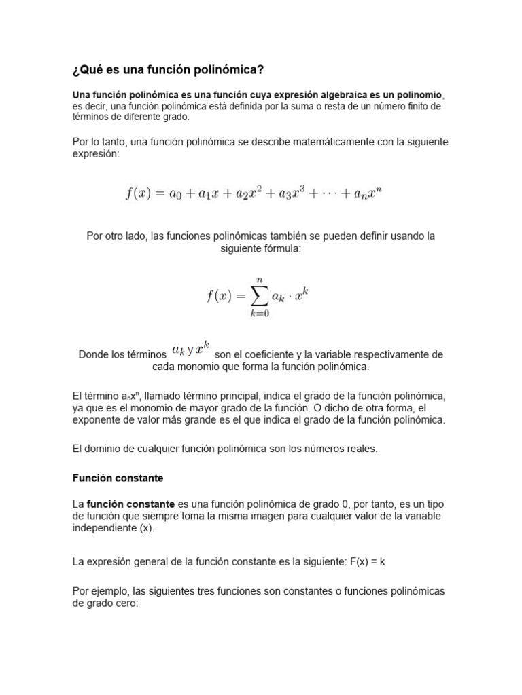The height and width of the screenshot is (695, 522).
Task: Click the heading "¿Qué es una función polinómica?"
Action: pyautogui.click(x=168, y=70)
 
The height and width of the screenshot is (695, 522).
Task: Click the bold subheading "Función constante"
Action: pyautogui.click(x=118, y=478)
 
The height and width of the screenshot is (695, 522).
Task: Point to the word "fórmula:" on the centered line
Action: pyautogui.click(x=279, y=248)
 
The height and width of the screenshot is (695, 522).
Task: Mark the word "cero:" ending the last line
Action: pyautogui.click(x=124, y=603)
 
